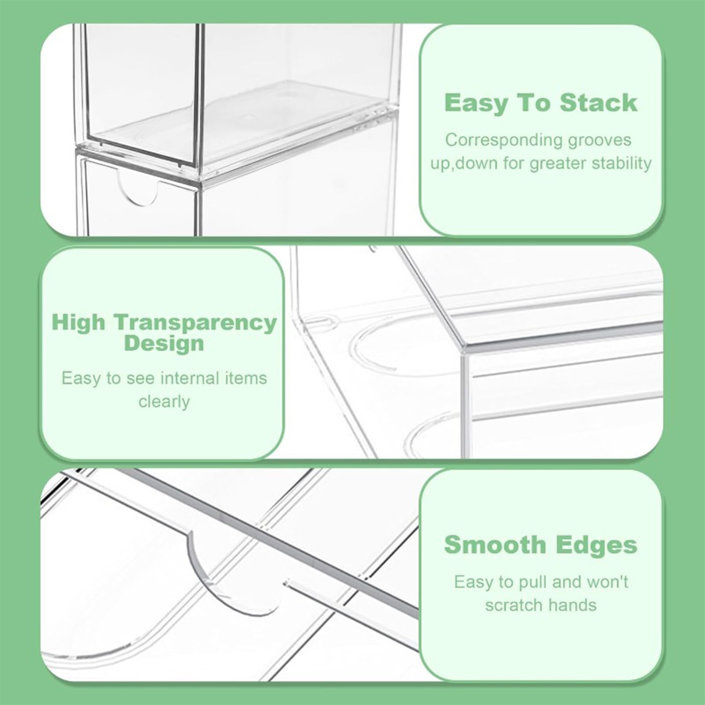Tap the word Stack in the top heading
pyautogui.click(x=599, y=103)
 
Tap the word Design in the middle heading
pyautogui.click(x=164, y=343)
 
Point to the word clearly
pyautogui.click(x=164, y=401)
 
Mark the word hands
pyautogui.click(x=571, y=605)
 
